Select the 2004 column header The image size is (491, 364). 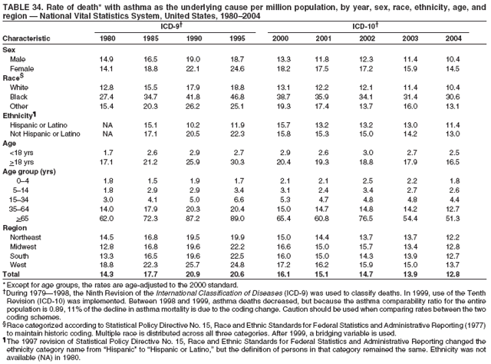coord(452,38)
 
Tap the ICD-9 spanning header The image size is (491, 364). coord(173,26)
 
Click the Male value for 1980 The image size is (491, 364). coord(107,58)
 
